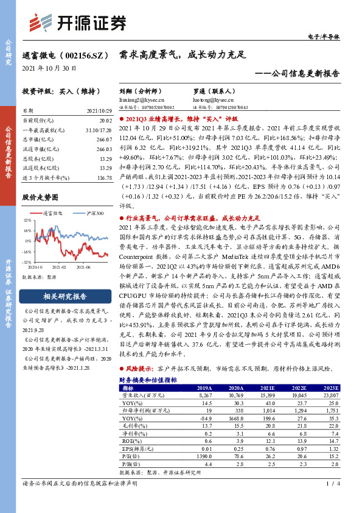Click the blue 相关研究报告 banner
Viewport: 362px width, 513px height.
tap(64, 297)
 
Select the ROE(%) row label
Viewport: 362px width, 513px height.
tap(130, 440)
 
